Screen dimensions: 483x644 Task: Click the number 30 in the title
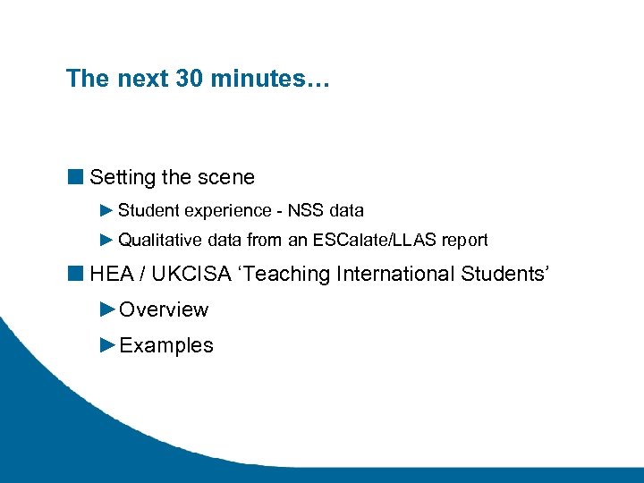point(189,79)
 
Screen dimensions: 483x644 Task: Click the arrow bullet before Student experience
point(106,211)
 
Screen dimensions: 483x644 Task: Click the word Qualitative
point(157,241)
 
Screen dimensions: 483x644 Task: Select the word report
point(464,241)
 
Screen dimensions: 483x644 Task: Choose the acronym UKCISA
point(188,274)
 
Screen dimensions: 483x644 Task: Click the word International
point(395,274)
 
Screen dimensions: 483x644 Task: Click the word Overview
point(164,310)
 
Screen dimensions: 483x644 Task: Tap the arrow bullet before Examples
point(107,345)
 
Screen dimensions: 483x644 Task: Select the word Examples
point(166,346)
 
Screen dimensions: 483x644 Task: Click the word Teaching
point(292,274)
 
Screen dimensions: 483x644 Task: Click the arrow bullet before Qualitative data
point(106,241)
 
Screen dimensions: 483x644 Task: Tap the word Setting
point(123,178)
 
